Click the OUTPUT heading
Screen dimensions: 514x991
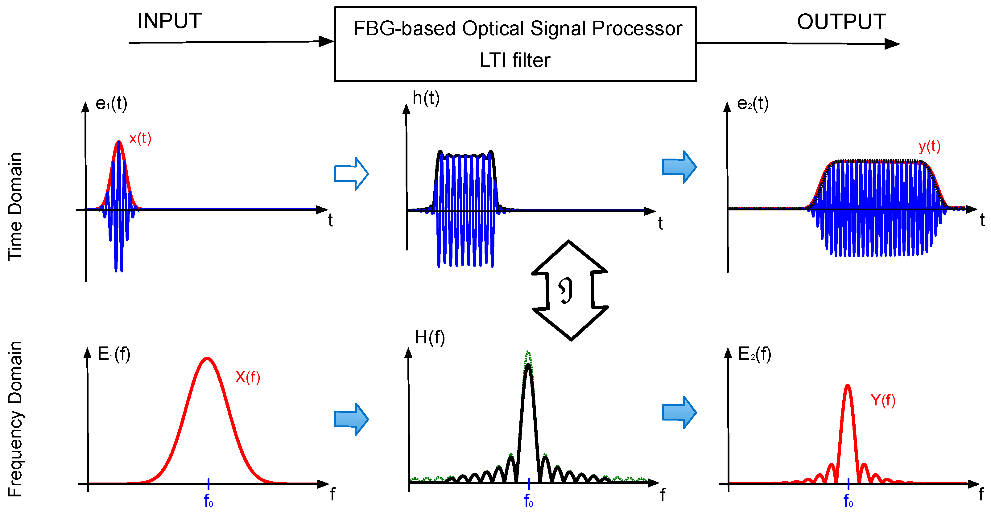(x=841, y=22)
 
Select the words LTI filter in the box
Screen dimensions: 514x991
(x=515, y=60)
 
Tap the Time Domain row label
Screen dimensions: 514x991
(x=15, y=207)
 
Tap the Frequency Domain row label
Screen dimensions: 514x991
(x=15, y=419)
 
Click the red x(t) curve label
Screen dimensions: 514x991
(x=140, y=139)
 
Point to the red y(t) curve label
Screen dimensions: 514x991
(x=929, y=146)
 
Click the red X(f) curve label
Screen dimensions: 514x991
(x=248, y=377)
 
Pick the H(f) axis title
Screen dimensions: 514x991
(x=430, y=338)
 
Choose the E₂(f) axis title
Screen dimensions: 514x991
(x=754, y=354)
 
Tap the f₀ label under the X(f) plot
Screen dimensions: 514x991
(x=208, y=501)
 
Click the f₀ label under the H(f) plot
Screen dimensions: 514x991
(x=528, y=501)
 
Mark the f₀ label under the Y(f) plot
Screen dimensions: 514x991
(x=848, y=501)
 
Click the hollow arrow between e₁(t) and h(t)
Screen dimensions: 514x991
(x=351, y=174)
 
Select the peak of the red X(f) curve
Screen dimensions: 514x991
(x=207, y=359)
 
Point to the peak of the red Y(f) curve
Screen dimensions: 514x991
(x=848, y=386)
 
